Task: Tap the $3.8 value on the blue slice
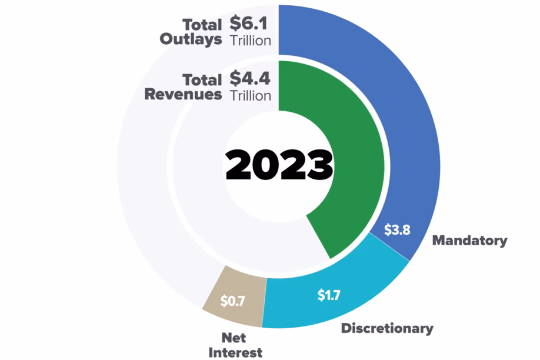coord(397,229)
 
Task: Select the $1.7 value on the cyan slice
coord(328,295)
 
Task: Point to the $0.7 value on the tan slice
coord(232,301)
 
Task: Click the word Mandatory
coord(469,240)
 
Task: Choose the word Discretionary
coord(387,328)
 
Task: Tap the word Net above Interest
coord(234,338)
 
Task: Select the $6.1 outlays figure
coord(249,25)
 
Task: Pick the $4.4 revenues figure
coord(249,78)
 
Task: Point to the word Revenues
coord(183,94)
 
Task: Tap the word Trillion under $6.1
coord(250,41)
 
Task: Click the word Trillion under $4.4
coord(250,95)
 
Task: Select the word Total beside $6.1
coord(202,25)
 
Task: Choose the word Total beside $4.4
coord(202,79)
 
